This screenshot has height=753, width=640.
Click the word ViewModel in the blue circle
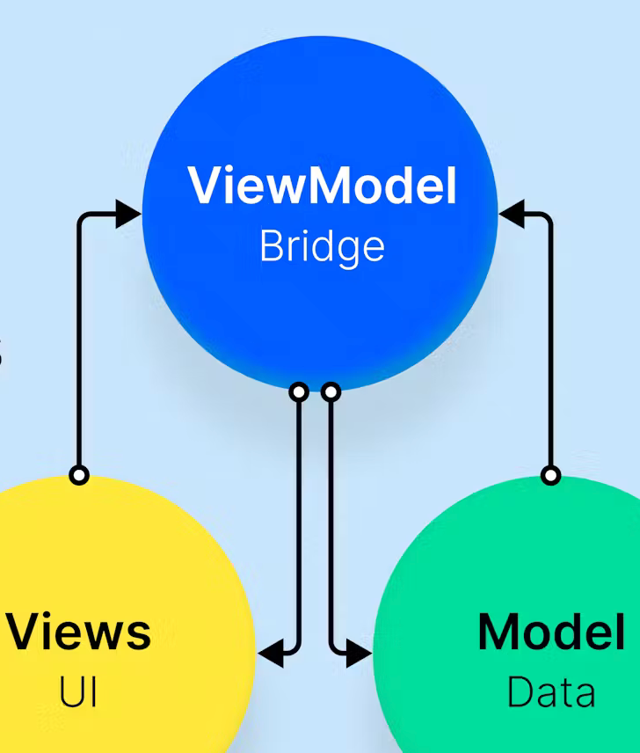pos(322,186)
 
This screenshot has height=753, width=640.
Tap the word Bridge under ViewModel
pos(322,247)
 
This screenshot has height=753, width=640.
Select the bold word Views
pos(78,632)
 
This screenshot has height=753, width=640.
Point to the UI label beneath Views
pos(78,692)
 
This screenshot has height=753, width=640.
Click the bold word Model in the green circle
pos(551,632)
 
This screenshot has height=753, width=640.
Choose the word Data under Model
pos(551,692)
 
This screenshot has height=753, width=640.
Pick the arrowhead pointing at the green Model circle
pos(359,653)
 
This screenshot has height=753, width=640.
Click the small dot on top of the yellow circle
pos(79,475)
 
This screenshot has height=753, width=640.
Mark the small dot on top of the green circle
pos(550,475)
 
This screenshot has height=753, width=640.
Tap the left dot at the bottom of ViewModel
pos(299,391)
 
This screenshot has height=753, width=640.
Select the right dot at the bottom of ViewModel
pos(331,391)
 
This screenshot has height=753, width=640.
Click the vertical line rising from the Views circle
pos(79,352)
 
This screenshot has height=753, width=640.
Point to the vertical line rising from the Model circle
pos(551,352)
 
